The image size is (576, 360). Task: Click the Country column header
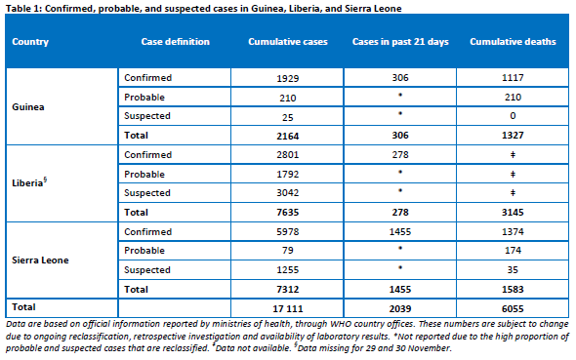click(x=30, y=42)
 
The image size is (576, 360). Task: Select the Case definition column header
click(x=175, y=42)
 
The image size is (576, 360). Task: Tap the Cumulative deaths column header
click(x=513, y=42)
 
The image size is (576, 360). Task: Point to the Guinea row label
click(x=28, y=106)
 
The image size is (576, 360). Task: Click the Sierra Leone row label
click(x=40, y=260)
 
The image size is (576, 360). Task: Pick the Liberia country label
click(x=29, y=182)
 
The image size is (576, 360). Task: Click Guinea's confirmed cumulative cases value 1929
click(x=288, y=78)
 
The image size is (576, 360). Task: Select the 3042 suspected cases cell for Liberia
click(x=288, y=192)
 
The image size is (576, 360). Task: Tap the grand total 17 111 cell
click(x=288, y=308)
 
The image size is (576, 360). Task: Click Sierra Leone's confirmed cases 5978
click(x=288, y=231)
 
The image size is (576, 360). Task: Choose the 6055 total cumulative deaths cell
click(x=513, y=308)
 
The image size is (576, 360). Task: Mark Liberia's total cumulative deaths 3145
click(x=513, y=212)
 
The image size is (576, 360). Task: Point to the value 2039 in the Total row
click(x=400, y=308)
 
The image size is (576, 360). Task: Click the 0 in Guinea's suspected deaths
click(x=513, y=116)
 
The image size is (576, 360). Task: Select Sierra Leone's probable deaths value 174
click(x=513, y=251)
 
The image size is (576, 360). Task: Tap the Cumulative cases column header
click(x=288, y=42)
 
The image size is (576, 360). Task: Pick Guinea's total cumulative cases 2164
click(x=288, y=136)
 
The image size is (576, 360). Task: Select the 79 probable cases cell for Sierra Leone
click(x=288, y=251)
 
